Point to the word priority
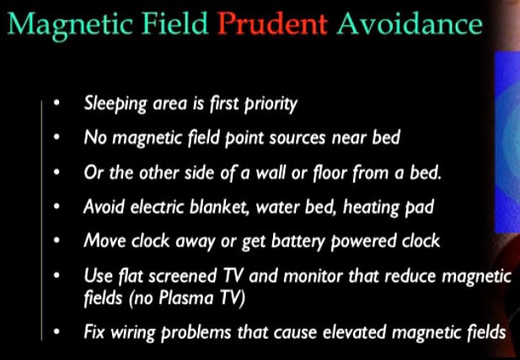click(269, 105)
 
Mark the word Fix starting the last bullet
click(95, 331)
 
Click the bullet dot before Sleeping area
click(56, 105)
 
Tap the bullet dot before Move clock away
click(56, 240)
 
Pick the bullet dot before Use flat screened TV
click(56, 276)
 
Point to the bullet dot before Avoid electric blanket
click(56, 206)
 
